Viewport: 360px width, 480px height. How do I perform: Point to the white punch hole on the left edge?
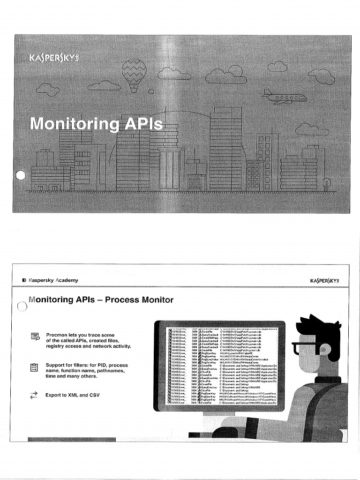[x=20, y=176]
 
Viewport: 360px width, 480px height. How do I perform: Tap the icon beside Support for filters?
[x=33, y=368]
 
